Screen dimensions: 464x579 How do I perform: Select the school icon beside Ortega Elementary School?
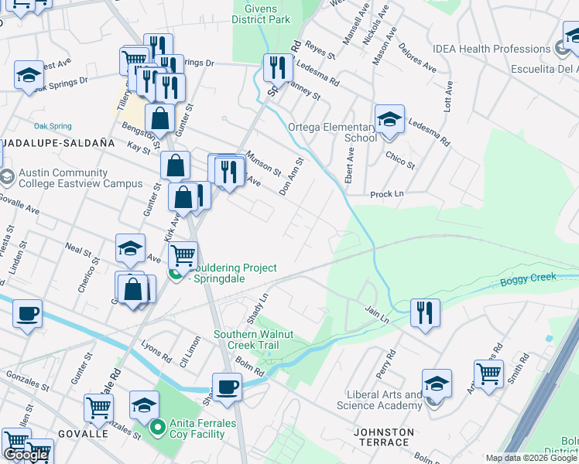click(x=389, y=120)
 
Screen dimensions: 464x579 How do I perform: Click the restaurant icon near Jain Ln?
click(x=425, y=313)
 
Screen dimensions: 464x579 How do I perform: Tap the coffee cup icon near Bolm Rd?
click(x=227, y=387)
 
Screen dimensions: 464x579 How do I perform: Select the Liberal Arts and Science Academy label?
click(x=380, y=400)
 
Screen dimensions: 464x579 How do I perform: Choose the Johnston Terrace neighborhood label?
click(x=382, y=437)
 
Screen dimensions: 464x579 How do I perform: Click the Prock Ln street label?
click(x=389, y=195)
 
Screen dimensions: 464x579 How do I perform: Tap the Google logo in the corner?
click(x=26, y=455)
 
